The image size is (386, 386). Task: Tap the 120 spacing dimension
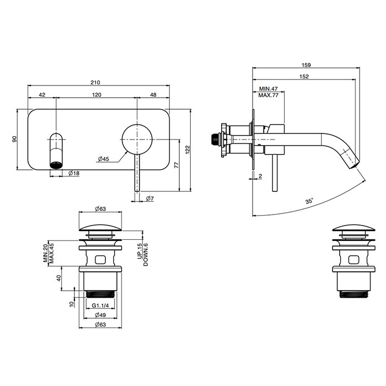point(96,95)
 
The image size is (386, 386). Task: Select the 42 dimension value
point(42,95)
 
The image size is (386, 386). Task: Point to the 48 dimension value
point(153,95)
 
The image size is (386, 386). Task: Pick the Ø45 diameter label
point(103,159)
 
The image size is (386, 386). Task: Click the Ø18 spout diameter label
point(74,173)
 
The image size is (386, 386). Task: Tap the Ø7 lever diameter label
point(151,198)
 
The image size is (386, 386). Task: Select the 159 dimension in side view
point(307,65)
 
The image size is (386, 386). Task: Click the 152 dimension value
point(304,77)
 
